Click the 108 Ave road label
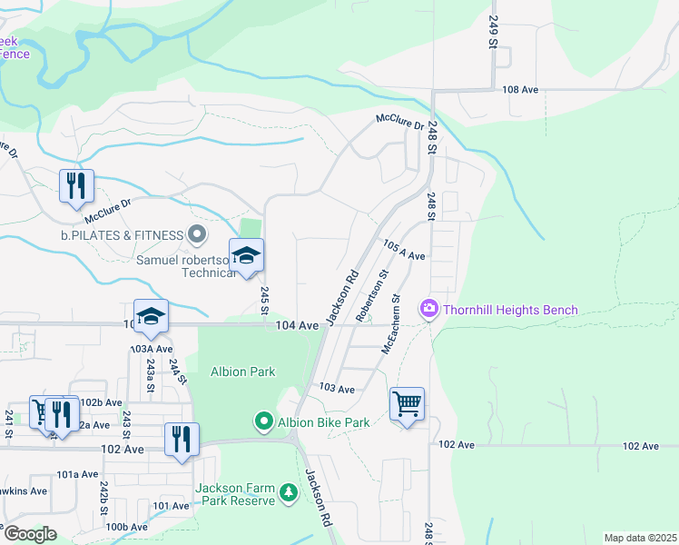click(521, 90)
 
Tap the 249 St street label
click(494, 32)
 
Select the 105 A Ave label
click(404, 252)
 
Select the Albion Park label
click(242, 372)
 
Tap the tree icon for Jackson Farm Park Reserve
click(289, 493)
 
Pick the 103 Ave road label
click(337, 388)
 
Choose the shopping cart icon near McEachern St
click(408, 402)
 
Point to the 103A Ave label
click(151, 349)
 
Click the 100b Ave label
click(126, 527)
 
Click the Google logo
click(29, 534)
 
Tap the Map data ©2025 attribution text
click(639, 538)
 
